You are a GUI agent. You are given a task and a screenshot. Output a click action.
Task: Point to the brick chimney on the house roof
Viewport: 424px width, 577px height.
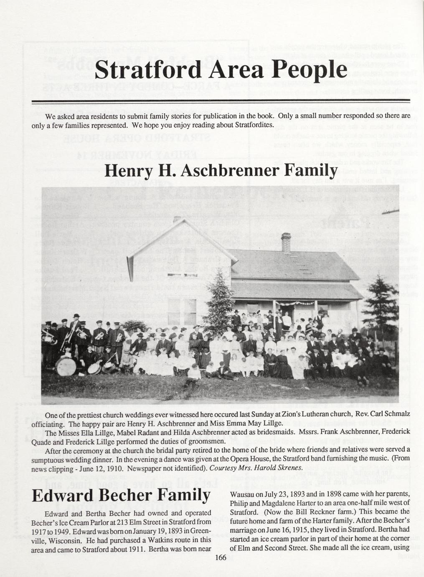[x=286, y=242]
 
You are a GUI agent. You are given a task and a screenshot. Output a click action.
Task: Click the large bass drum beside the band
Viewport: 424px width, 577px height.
[x=66, y=366]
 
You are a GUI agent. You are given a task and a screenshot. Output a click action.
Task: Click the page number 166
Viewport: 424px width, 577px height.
[x=220, y=557]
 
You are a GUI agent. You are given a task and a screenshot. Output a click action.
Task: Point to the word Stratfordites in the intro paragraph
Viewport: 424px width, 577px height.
[x=254, y=125]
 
